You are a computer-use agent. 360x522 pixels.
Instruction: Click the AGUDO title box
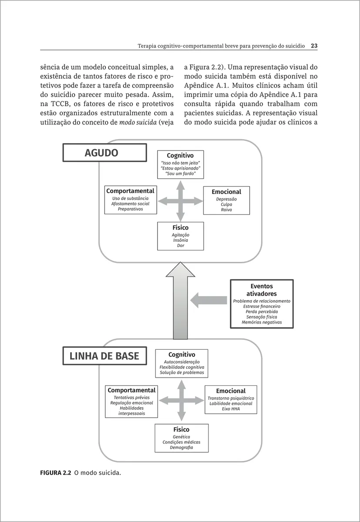[x=105, y=153]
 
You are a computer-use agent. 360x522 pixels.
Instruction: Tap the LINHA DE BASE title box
[x=104, y=356]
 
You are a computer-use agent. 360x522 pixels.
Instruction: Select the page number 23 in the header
[x=314, y=45]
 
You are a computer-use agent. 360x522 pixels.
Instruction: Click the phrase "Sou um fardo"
[x=181, y=174]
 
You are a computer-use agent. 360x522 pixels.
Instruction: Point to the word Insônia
[x=181, y=240]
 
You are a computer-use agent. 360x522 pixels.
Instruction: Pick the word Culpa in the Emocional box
[x=226, y=204]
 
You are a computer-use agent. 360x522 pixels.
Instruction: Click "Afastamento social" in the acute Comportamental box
[x=130, y=204]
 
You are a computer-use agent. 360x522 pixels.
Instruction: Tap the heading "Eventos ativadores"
[x=262, y=290]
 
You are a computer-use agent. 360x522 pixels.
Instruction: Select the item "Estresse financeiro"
[x=262, y=306]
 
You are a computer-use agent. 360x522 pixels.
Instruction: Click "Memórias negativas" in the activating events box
[x=262, y=322]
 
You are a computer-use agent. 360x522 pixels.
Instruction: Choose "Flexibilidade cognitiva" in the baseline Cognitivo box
[x=182, y=368]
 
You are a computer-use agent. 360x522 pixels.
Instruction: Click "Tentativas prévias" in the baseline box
[x=131, y=398]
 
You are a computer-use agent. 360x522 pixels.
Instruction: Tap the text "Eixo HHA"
[x=231, y=409]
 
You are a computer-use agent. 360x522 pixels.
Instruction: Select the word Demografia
[x=181, y=447]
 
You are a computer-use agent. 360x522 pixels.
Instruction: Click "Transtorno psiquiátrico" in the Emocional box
[x=231, y=398]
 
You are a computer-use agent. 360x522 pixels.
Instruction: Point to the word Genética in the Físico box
[x=181, y=437]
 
